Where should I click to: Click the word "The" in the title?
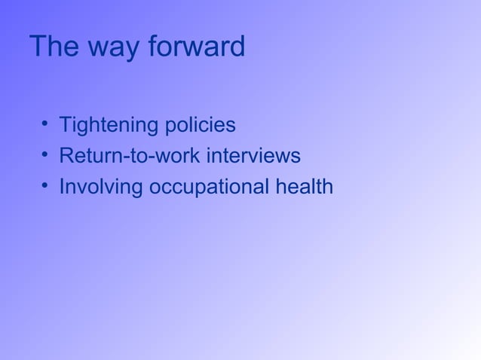[55, 47]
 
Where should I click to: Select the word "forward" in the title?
[197, 47]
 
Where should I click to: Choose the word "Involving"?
[102, 188]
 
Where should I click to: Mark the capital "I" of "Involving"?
[62, 187]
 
